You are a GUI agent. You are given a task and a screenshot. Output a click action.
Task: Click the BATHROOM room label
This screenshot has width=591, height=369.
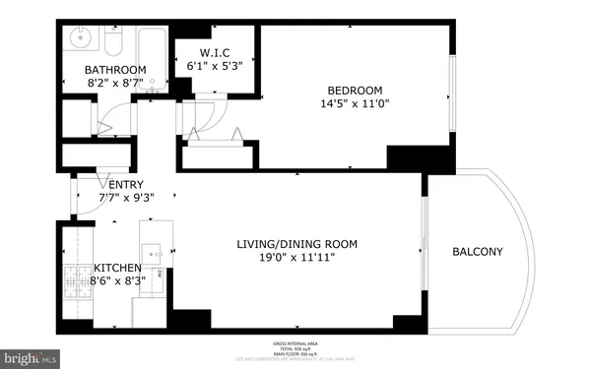click(x=115, y=70)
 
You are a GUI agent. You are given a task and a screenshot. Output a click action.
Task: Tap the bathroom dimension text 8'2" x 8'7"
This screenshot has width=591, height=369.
click(x=115, y=85)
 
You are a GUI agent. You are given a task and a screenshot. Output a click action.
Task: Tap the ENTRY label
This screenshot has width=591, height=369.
click(x=125, y=184)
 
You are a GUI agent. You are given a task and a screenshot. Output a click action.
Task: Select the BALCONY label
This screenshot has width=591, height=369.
click(x=477, y=252)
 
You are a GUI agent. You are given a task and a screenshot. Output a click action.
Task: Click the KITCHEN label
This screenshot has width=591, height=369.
click(x=116, y=268)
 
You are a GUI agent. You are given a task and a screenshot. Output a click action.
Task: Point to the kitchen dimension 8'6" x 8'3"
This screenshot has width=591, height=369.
click(x=116, y=281)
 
